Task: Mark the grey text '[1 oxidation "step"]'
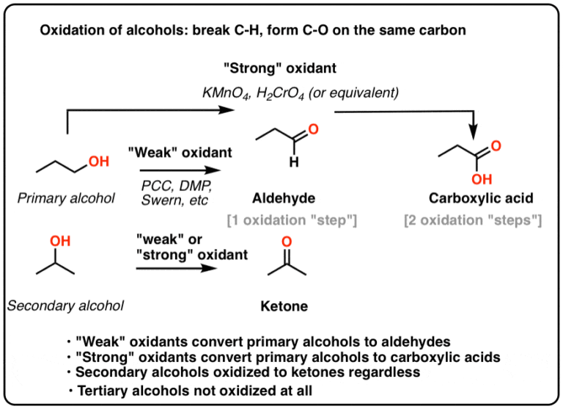292,220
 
